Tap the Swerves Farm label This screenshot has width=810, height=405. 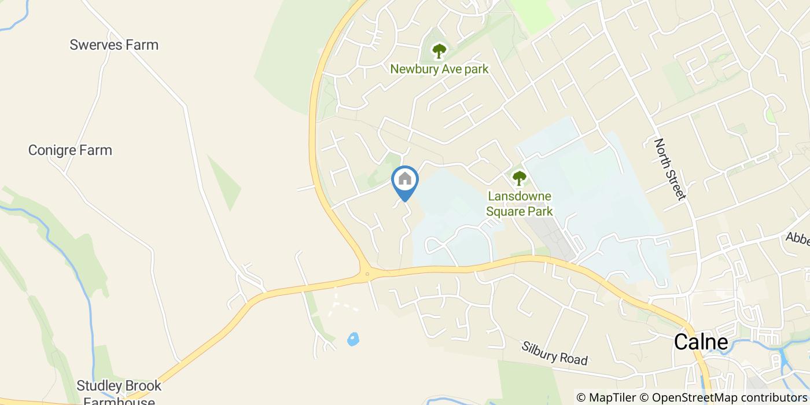[114, 45]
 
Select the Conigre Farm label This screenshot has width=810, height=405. [70, 150]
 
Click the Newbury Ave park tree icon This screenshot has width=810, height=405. [440, 51]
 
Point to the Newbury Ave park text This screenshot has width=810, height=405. [439, 69]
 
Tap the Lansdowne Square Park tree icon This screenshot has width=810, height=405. [519, 178]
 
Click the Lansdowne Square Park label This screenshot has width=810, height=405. [519, 204]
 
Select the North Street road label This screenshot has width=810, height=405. [670, 168]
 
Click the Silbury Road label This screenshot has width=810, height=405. [554, 353]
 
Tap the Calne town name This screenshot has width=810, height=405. [701, 342]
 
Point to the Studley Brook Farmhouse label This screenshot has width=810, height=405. [119, 392]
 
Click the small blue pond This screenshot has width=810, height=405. [353, 339]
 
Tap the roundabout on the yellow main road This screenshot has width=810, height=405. [367, 274]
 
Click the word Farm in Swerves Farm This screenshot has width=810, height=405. [142, 45]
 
